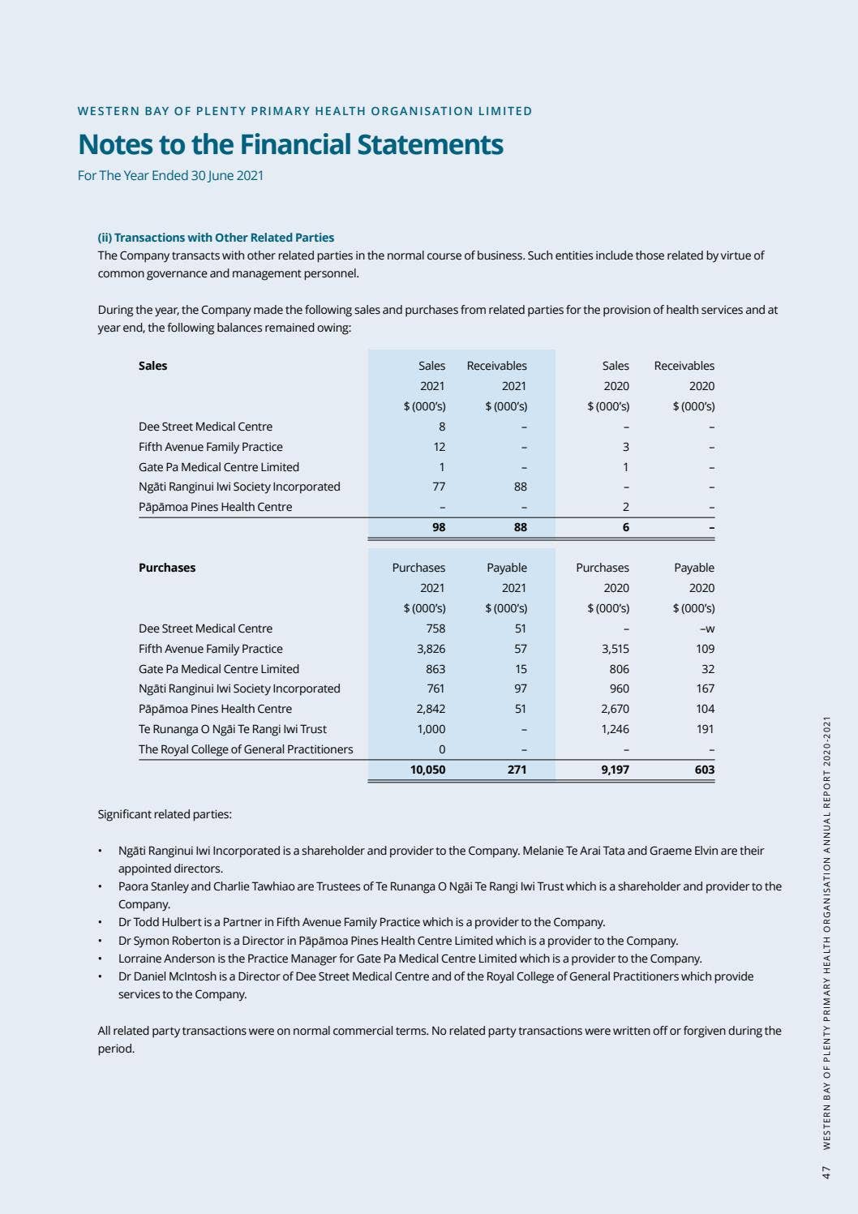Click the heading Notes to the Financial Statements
pos(290,144)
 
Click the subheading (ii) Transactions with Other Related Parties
pos(216,238)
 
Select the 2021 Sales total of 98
pos(439,527)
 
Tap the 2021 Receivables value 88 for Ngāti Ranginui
pos(520,487)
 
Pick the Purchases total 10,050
pos(427,770)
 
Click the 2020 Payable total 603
pos(705,770)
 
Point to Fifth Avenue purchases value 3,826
pos(431,649)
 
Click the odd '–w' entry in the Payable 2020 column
pos(706,628)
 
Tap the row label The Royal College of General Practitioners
pos(246,749)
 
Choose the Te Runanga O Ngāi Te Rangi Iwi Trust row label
pos(233,729)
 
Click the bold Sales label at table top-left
pos(152,366)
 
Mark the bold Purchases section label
pos(167,568)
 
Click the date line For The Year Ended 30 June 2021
pos(170,175)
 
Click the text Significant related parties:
pos(165,814)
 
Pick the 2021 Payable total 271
pos(517,770)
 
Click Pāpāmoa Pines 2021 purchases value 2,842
pos(431,709)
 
